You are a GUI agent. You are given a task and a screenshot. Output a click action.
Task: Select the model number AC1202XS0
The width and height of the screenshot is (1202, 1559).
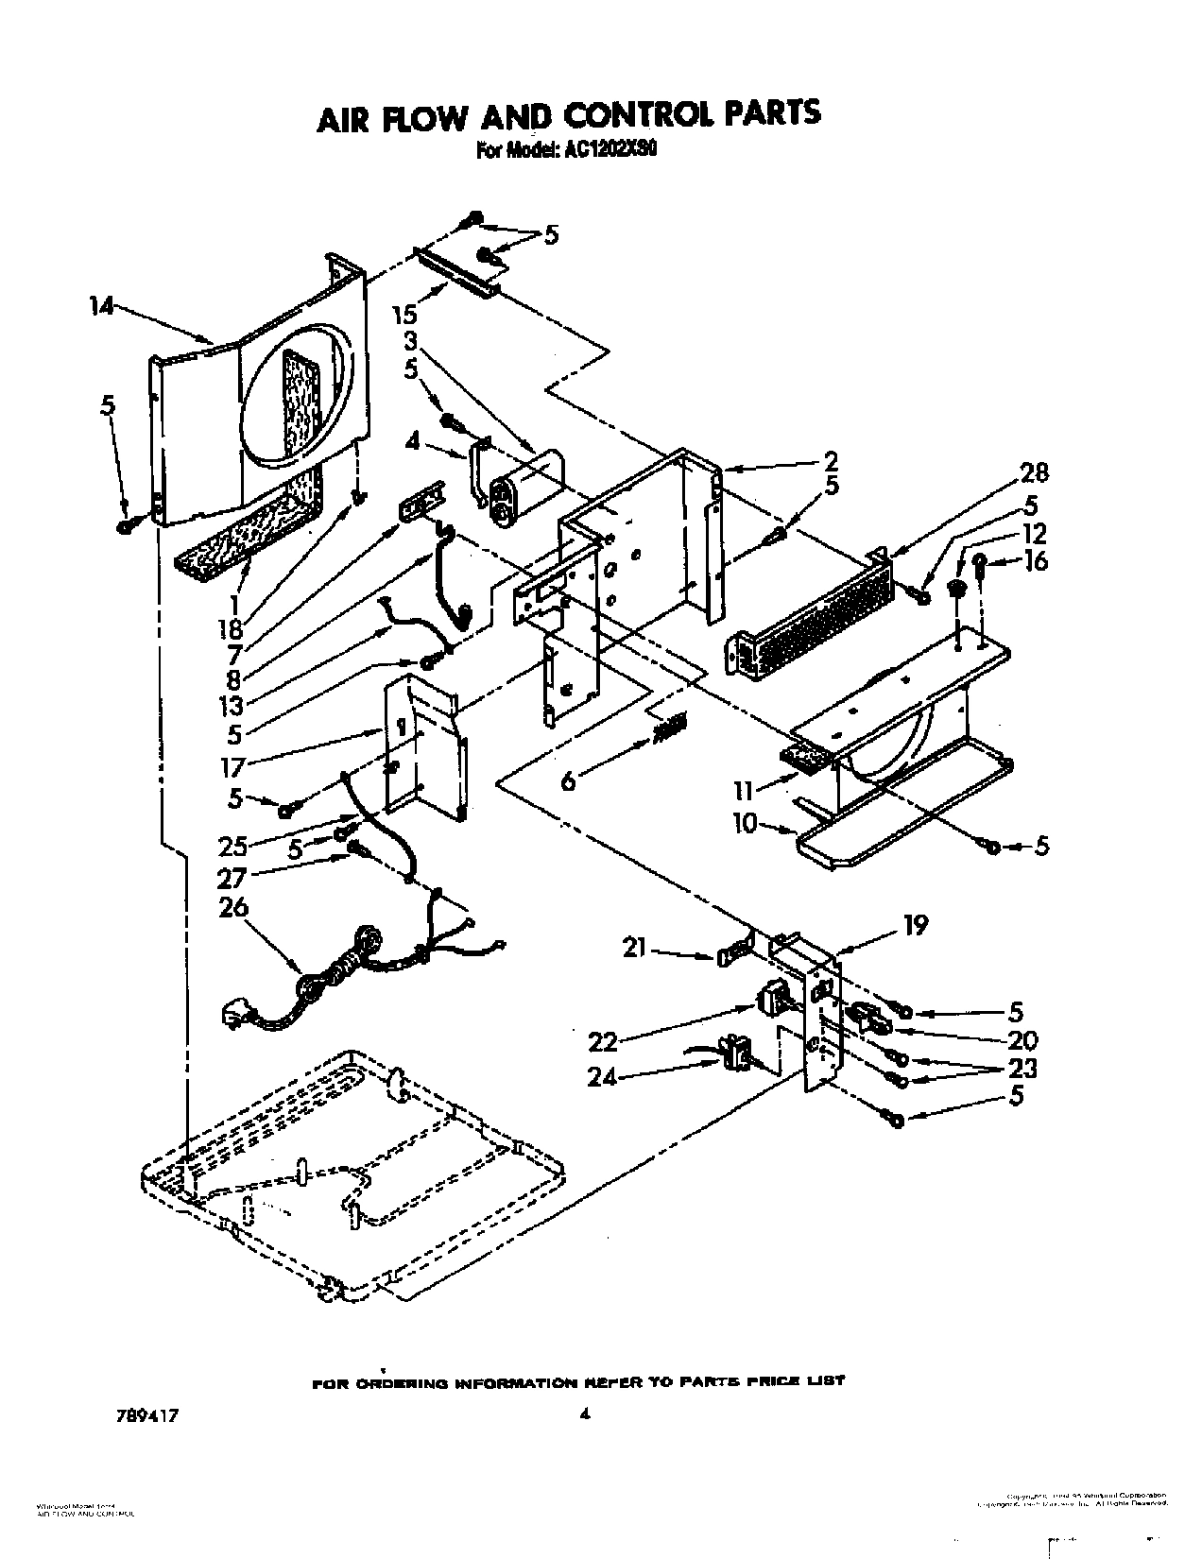(603, 148)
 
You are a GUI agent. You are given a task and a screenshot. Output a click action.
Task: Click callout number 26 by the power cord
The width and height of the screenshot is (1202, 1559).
(232, 908)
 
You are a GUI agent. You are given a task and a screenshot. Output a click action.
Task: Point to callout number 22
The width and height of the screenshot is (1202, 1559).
(602, 1041)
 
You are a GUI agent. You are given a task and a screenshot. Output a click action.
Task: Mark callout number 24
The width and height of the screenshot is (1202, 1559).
(602, 1076)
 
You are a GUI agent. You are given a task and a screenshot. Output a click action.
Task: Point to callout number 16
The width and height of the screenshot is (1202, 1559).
(1035, 560)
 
